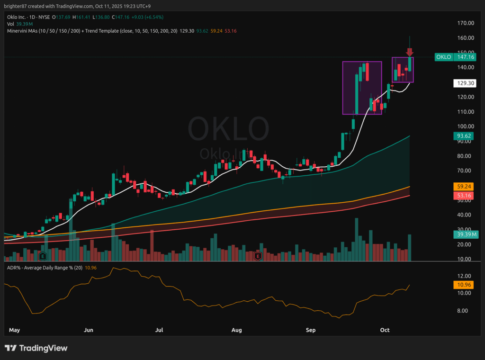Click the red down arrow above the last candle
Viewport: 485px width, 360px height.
click(x=410, y=52)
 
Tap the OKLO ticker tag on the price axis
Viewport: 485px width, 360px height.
click(x=443, y=57)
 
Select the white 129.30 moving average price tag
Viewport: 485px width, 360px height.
click(x=462, y=83)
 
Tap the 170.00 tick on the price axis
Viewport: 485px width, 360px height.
click(x=466, y=23)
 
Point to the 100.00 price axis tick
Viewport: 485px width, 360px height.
click(x=466, y=126)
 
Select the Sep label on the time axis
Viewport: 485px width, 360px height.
click(x=311, y=330)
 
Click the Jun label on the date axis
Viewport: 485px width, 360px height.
click(x=89, y=330)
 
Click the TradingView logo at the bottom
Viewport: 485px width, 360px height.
click(x=36, y=348)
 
